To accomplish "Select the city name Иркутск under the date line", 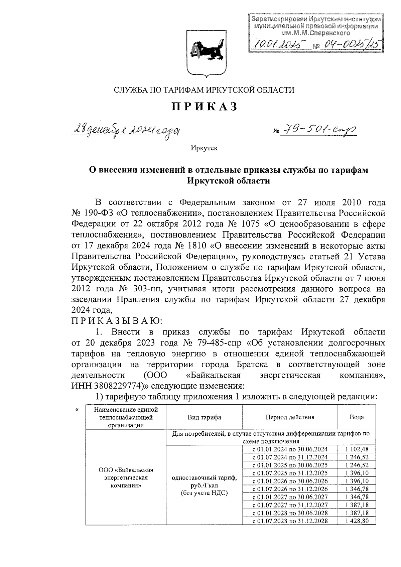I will pos(204,148).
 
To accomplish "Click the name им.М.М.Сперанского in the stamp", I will pos(316,33).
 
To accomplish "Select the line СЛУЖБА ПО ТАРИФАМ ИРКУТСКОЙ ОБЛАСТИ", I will pos(204,90).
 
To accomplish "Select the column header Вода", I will pos(357,417).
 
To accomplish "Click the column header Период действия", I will pos(290,417).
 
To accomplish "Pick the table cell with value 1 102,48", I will pos(357,449).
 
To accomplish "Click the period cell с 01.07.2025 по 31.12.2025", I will pos(290,473).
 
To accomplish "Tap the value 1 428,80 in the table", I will pos(357,521).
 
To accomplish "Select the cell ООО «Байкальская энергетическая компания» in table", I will pos(126,478).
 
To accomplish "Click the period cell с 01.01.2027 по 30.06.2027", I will pos(290,497).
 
